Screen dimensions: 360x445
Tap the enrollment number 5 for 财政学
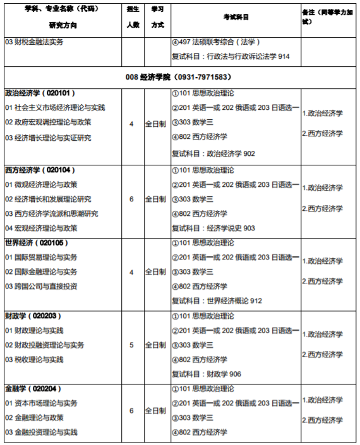[131, 345]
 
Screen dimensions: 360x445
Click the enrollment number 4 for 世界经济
[131, 272]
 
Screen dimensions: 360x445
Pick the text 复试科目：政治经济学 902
[213, 153]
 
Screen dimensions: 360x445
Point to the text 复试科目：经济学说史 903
[213, 228]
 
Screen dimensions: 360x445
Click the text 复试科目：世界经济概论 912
[217, 300]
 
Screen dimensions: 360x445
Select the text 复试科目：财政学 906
[207, 374]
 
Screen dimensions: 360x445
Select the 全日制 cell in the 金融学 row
[155, 410]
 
